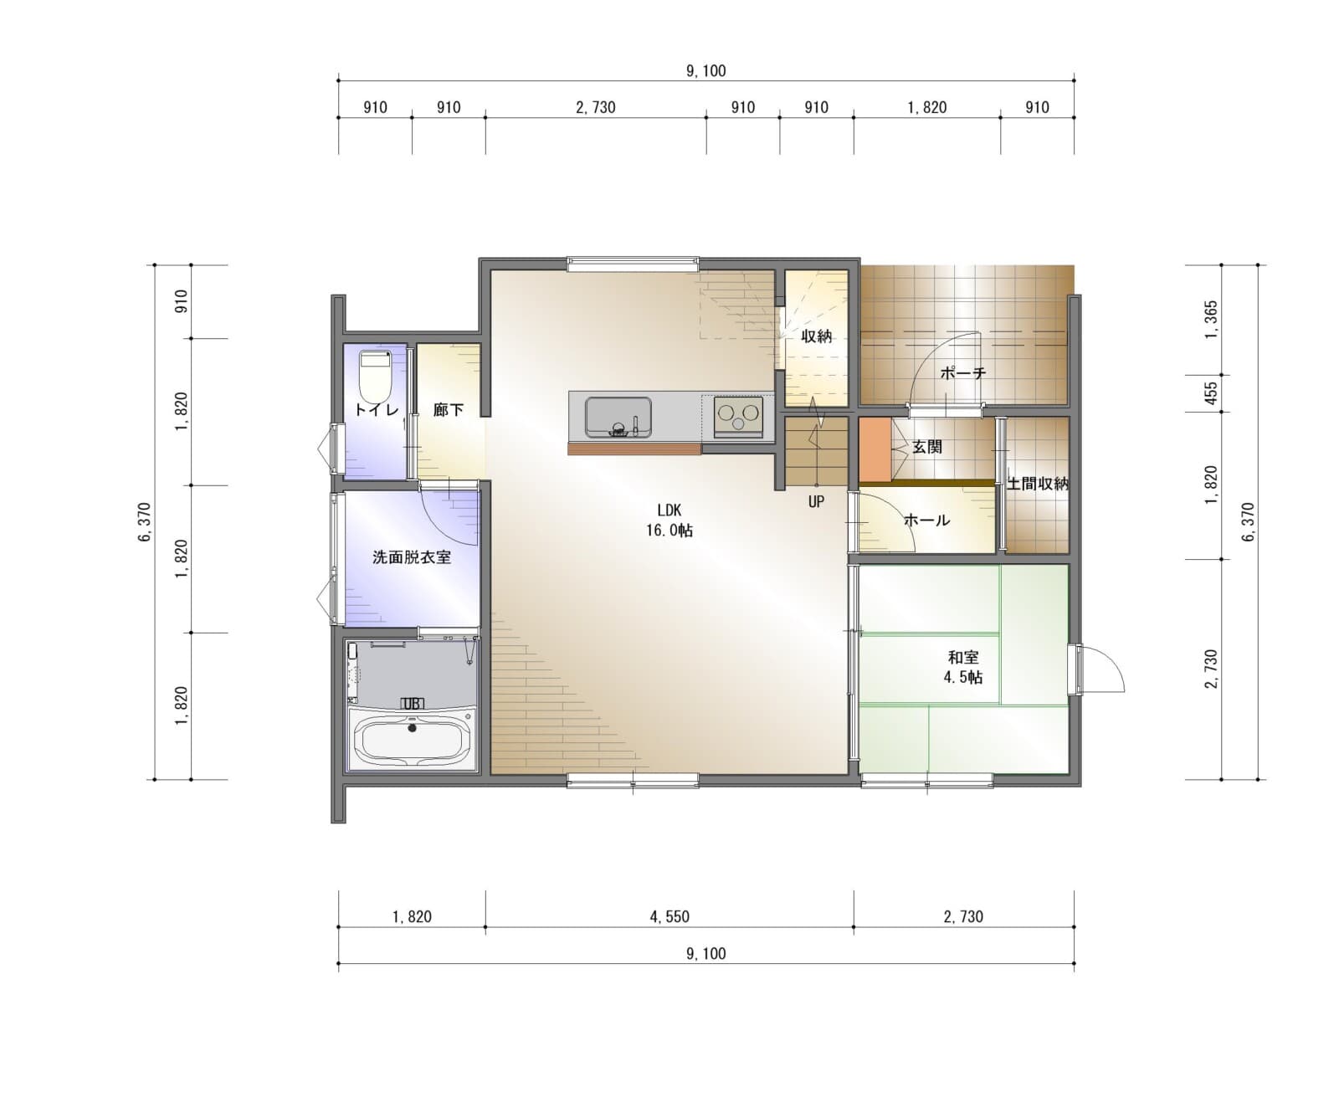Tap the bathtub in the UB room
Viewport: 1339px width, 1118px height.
point(411,738)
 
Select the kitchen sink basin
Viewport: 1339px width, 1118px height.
point(618,417)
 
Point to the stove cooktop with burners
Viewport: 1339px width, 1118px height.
point(738,416)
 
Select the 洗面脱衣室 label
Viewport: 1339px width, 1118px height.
point(412,556)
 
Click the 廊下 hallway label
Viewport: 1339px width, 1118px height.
point(449,409)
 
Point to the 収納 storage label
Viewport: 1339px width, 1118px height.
point(817,336)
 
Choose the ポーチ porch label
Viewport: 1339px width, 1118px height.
point(963,372)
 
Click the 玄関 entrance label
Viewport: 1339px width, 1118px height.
point(927,447)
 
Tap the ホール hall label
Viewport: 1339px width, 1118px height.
point(927,520)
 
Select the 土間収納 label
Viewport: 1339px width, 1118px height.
point(1038,484)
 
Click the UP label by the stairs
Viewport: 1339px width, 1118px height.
point(816,501)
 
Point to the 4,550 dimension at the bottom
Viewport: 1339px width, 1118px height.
point(669,916)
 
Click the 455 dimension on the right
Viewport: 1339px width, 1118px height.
point(1211,393)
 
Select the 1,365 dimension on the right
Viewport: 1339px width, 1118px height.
point(1211,320)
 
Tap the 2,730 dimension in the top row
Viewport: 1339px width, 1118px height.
point(596,107)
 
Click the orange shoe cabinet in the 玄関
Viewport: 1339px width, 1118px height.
point(875,449)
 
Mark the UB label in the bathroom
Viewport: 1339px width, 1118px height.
point(412,704)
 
